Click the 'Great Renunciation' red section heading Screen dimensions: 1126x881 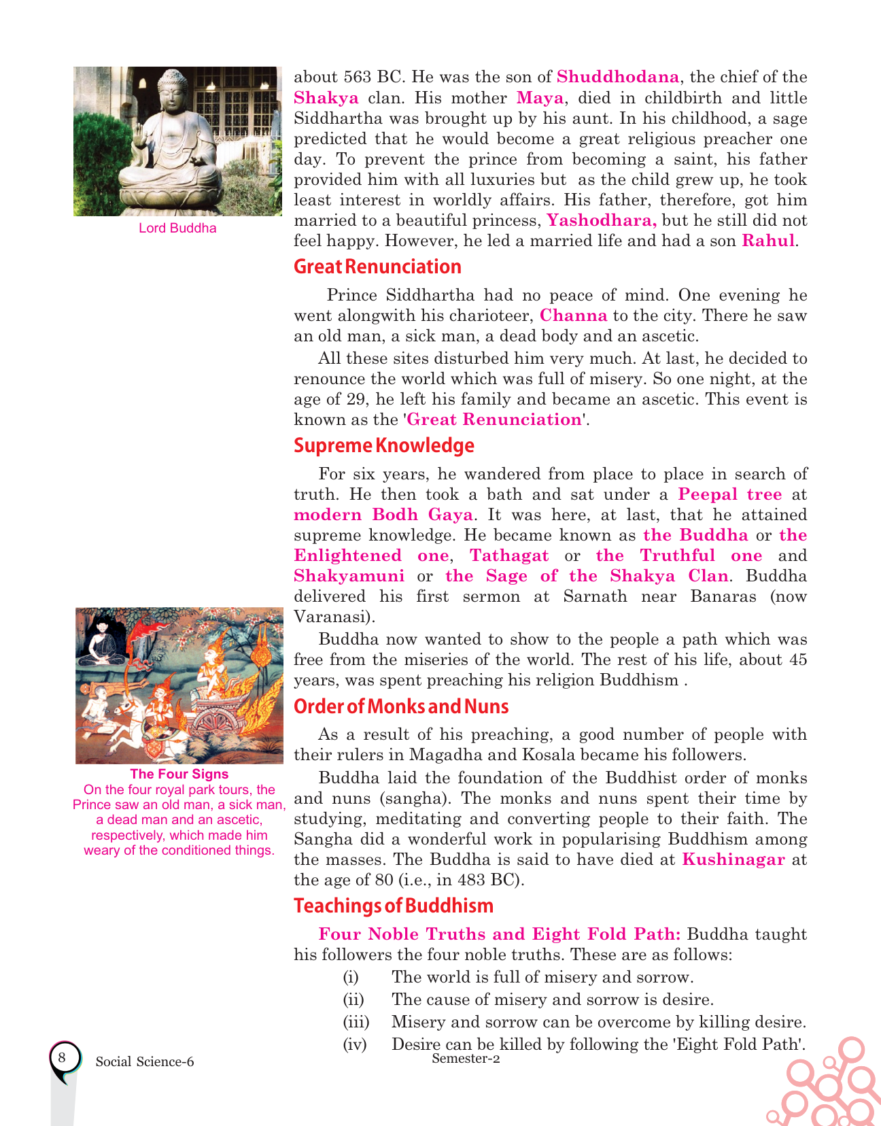377,267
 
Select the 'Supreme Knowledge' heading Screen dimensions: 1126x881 383,445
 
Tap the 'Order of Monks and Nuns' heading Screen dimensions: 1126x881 401,706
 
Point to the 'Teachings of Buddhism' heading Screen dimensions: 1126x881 393,906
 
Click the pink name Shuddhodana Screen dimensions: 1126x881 617,77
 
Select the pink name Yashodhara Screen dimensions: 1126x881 602,220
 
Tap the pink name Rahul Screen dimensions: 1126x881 767,241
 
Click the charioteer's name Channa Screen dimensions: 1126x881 573,315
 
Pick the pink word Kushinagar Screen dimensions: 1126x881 733,859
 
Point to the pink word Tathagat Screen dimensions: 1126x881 509,556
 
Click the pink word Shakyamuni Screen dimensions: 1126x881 349,576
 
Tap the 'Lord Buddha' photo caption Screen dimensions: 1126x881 177,228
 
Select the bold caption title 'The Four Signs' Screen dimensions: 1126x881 179,774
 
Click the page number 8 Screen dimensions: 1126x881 62,1058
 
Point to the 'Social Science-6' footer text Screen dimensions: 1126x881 145,1062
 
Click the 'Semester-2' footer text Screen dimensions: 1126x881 466,1058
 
